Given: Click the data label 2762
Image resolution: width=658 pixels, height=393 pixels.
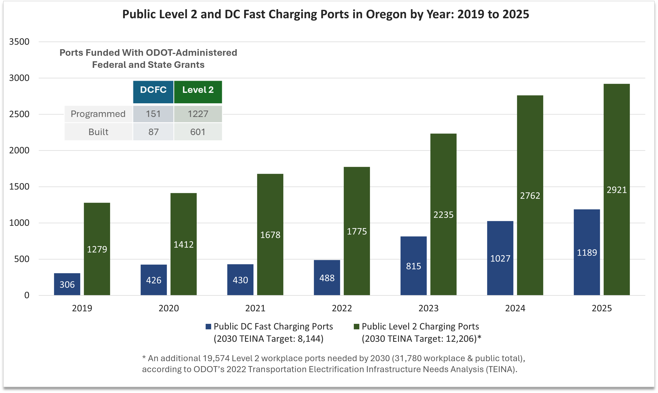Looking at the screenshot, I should [530, 196].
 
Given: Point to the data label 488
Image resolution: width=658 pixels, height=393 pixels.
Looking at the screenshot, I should [327, 278].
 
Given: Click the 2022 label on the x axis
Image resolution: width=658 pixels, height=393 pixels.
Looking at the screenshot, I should [342, 308].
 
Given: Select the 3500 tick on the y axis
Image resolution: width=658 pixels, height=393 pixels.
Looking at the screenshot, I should [19, 42].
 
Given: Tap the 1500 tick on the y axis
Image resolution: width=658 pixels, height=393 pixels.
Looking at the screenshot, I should [19, 187].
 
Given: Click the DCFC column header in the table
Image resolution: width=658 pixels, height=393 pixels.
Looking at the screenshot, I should [153, 90].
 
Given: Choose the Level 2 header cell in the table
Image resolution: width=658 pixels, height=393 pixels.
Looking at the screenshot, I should [198, 90].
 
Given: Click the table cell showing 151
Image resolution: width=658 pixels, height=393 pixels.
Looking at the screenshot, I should [153, 114].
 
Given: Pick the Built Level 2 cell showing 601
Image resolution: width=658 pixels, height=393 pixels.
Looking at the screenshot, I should [198, 132].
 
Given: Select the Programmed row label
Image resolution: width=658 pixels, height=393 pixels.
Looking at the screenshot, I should [98, 114].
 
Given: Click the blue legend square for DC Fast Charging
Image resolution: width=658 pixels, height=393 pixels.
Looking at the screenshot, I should [208, 327].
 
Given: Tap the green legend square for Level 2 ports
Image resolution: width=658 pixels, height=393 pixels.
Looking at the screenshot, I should [357, 327].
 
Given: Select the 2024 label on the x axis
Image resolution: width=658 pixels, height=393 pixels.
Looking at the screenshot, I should [515, 308].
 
